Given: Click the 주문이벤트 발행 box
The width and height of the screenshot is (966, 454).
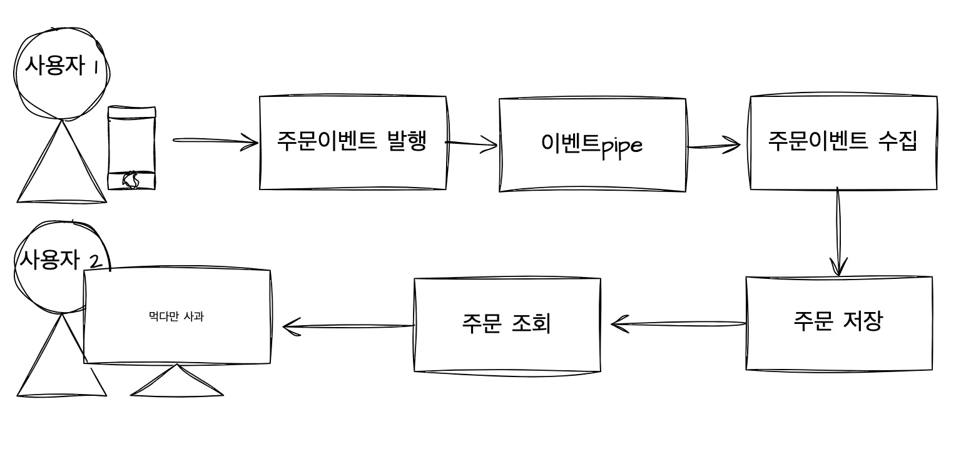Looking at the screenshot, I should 352,143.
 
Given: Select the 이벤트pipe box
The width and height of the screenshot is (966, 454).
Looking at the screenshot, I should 592,144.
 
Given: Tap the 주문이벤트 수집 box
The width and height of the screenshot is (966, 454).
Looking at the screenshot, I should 843,143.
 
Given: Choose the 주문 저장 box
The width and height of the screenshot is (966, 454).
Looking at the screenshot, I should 838,323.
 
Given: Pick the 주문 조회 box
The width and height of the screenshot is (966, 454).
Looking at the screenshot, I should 507,325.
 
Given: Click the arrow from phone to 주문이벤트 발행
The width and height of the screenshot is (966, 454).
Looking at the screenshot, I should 215,142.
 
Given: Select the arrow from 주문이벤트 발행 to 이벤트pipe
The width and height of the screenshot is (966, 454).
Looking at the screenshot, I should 472,146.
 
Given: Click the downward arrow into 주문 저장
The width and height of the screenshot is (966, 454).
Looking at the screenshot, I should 838,231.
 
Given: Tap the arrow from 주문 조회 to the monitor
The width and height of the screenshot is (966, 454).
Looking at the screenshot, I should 348,326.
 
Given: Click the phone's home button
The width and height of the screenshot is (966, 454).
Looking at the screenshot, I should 131,180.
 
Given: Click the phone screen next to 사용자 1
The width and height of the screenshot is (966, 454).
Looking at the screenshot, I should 131,141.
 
